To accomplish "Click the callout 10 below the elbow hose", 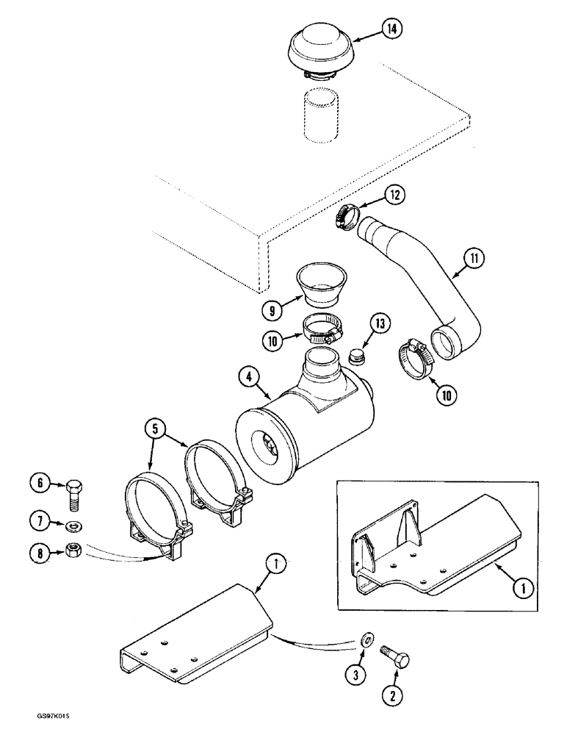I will click(445, 393).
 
